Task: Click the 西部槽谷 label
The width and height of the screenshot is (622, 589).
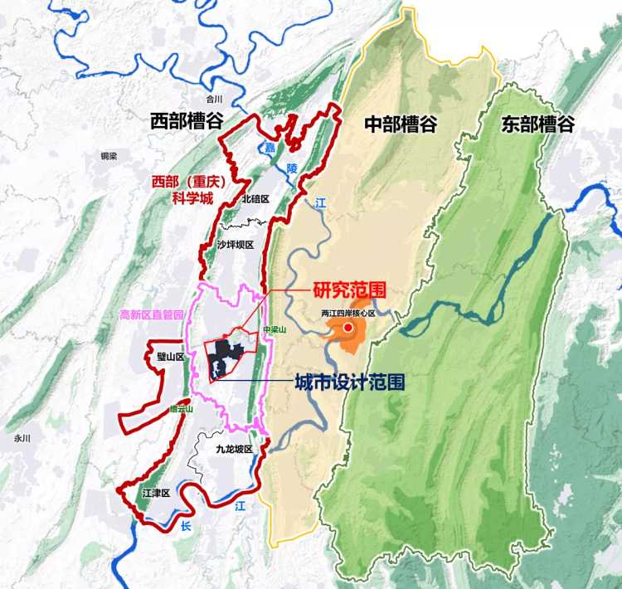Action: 187,121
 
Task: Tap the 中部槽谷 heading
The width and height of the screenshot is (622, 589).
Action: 401,124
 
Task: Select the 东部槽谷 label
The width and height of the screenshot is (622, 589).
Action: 538,125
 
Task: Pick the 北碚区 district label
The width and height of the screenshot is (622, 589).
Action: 255,199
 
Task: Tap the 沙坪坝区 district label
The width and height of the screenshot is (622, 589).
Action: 233,245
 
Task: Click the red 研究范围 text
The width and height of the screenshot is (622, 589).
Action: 351,292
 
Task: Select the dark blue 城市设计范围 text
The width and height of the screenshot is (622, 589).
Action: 350,383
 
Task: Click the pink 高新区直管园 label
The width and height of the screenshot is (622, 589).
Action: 153,314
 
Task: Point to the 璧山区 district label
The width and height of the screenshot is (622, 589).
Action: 169,357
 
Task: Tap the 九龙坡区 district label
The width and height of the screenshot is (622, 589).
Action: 233,449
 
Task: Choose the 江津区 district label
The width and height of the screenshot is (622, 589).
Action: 155,493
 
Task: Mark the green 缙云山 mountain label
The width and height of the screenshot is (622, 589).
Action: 180,409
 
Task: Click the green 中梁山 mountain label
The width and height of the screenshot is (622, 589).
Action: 274,329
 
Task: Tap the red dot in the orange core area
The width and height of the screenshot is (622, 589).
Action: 349,329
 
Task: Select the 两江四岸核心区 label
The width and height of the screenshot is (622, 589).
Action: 348,314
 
